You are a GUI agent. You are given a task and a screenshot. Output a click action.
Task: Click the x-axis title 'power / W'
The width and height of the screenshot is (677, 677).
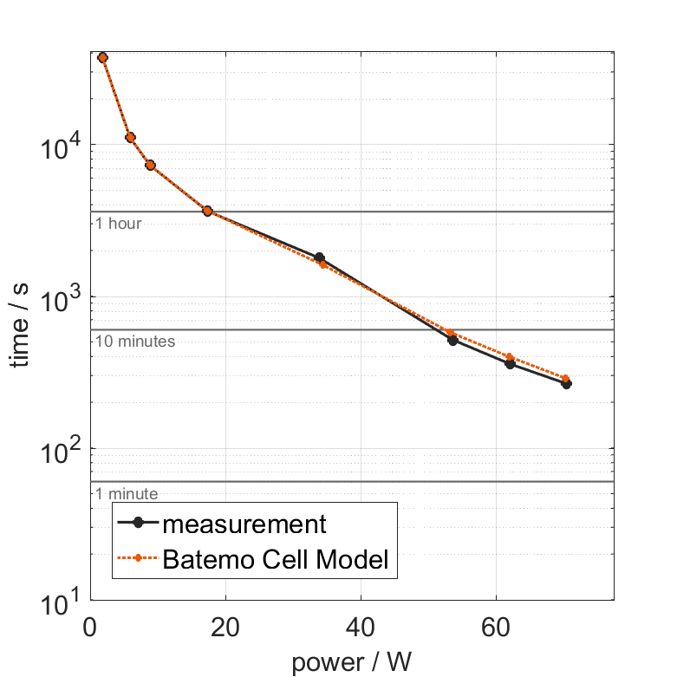(352, 663)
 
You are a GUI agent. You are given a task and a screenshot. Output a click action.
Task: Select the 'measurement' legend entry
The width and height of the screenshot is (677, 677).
(244, 524)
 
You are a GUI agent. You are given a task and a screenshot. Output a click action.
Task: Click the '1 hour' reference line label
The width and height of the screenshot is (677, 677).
(118, 224)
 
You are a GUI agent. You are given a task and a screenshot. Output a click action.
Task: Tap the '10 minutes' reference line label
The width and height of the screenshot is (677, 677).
(135, 342)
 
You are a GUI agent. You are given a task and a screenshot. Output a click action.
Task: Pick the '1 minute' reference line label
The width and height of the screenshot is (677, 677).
(127, 494)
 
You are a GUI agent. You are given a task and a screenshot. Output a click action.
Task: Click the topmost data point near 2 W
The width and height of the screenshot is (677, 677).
(103, 57)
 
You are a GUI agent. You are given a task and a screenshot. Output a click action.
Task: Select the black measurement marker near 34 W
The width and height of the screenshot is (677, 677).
(319, 257)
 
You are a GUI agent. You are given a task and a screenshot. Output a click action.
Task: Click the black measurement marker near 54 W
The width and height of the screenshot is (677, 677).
(452, 340)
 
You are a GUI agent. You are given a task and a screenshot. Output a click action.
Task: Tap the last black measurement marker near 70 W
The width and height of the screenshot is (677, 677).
(566, 383)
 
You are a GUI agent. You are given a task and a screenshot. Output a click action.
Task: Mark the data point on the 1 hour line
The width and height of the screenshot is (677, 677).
(207, 211)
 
